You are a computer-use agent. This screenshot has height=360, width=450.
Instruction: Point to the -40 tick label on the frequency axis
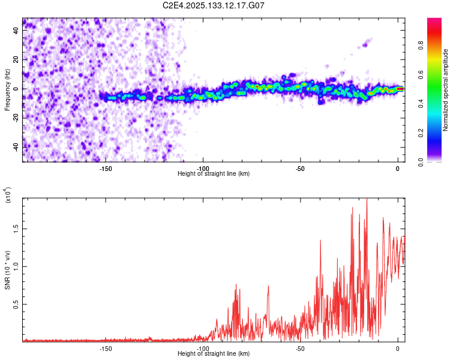click(15, 147)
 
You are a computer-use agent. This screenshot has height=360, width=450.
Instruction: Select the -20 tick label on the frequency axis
click(15, 118)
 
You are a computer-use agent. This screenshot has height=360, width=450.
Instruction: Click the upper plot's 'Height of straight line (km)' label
click(214, 173)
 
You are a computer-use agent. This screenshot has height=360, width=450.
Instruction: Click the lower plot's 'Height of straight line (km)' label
click(214, 354)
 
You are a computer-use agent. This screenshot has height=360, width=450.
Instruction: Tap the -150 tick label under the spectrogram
click(106, 169)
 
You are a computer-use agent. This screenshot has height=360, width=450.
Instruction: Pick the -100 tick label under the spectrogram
click(203, 169)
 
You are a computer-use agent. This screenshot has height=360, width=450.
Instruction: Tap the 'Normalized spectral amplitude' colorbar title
click(446, 90)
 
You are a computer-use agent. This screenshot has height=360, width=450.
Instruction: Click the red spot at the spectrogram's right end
click(400, 89)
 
